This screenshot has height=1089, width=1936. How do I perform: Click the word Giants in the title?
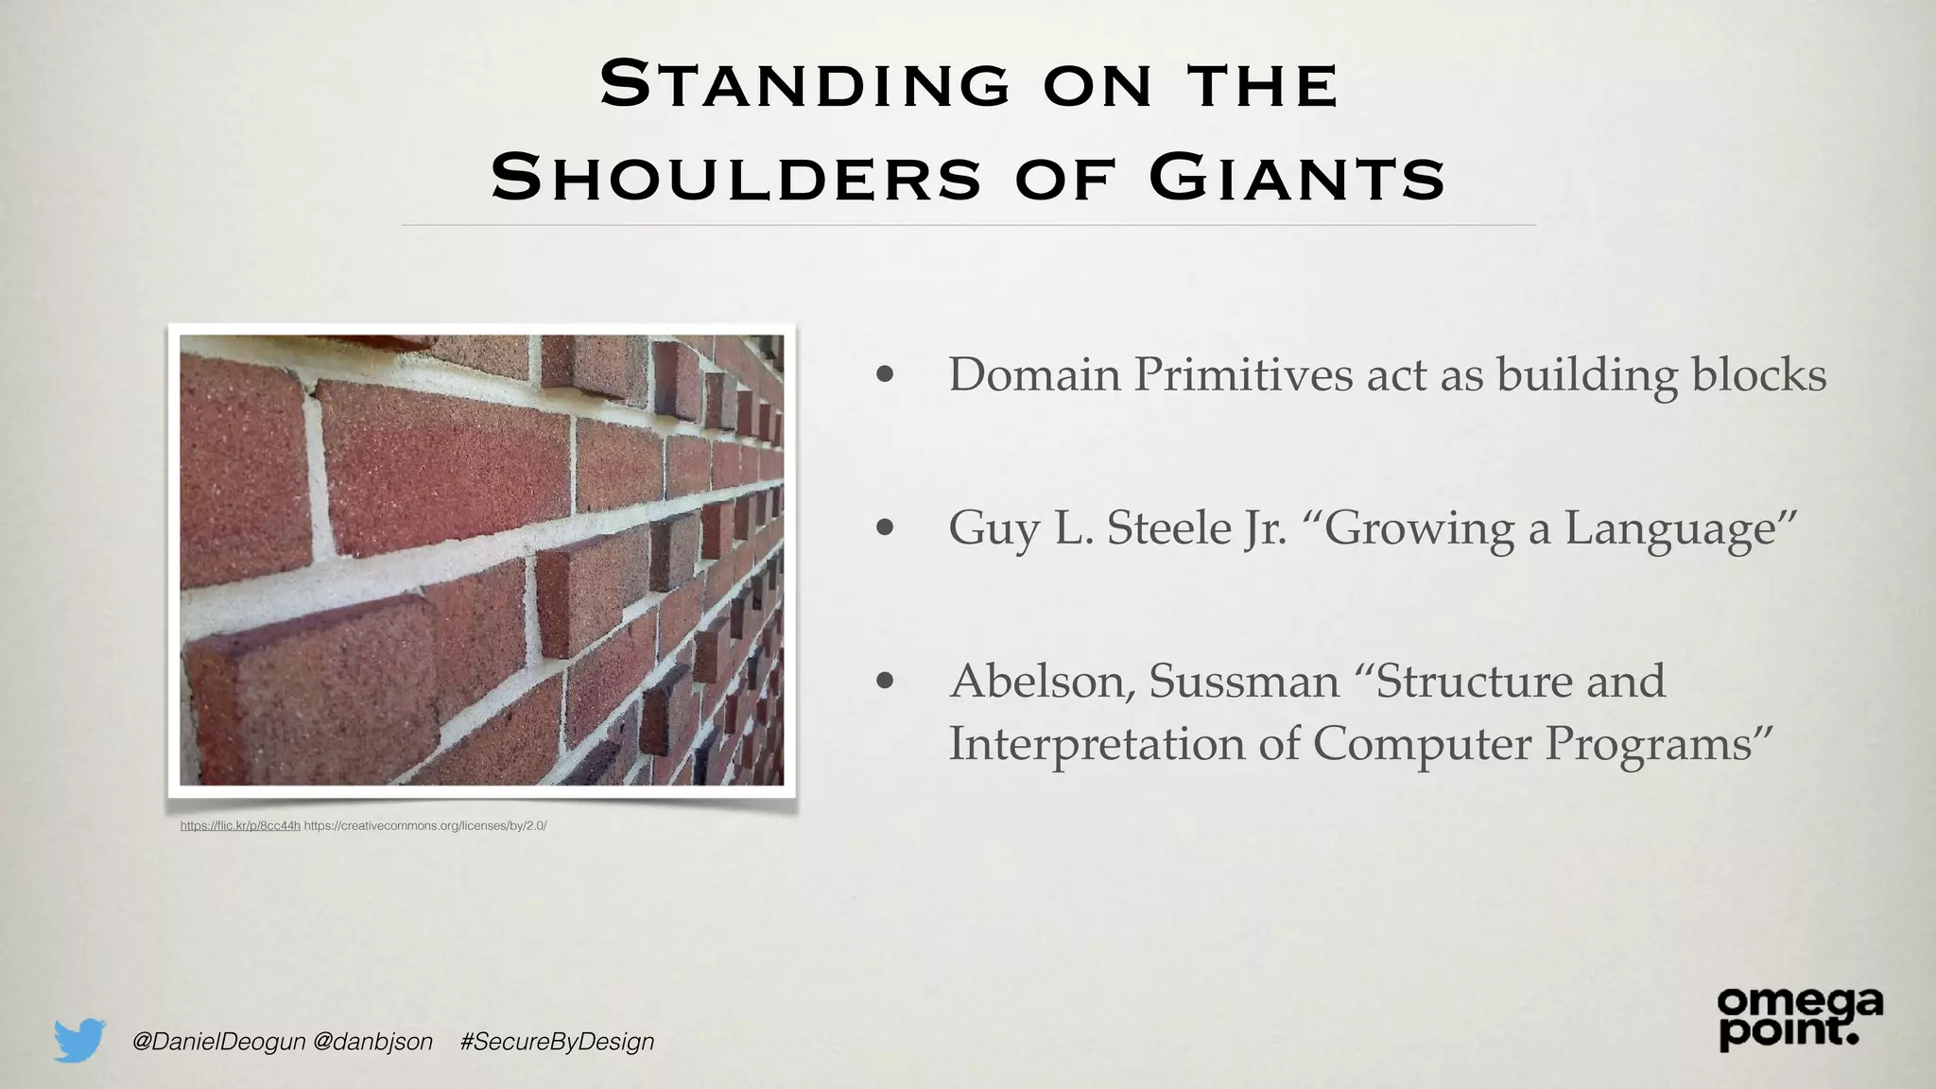click(x=1297, y=178)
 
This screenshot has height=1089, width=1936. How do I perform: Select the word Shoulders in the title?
click(x=737, y=178)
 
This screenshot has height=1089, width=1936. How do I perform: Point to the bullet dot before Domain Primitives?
click(x=885, y=374)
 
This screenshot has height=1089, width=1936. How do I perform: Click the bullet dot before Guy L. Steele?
click(x=885, y=527)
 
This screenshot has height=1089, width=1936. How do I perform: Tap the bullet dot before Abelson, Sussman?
click(x=885, y=681)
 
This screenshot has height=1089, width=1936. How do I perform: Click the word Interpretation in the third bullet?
click(x=1097, y=743)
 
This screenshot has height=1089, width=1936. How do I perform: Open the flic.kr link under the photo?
click(x=240, y=825)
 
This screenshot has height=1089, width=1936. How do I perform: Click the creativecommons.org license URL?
click(x=425, y=825)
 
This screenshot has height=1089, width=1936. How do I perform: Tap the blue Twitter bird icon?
click(x=79, y=1040)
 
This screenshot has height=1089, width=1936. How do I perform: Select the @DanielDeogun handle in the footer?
click(x=219, y=1041)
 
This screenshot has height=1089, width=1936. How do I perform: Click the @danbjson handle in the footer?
click(x=372, y=1041)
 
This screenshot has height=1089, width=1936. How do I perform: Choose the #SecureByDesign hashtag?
click(x=557, y=1041)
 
